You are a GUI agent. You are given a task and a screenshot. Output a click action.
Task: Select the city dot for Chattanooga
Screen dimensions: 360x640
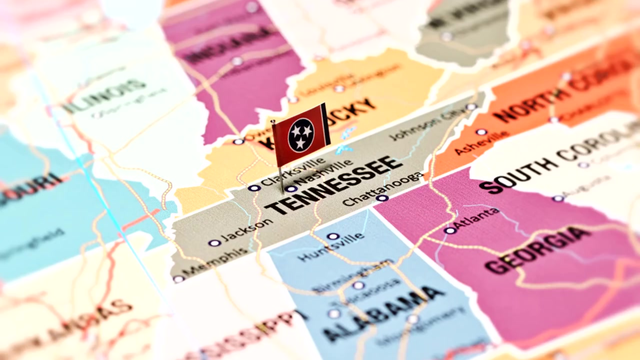(382, 198)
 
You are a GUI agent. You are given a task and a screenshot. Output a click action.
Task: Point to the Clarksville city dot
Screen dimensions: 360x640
(254, 188)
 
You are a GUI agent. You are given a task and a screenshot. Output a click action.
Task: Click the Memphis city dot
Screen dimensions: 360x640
(178, 279)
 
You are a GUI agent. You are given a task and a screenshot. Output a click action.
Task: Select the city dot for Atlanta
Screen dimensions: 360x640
(450, 230)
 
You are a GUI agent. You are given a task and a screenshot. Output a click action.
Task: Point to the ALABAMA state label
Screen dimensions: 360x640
(383, 313)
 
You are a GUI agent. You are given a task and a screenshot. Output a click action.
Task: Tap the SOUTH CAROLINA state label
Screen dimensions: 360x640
(560, 157)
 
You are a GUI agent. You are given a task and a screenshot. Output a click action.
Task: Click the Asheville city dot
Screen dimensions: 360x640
(481, 132)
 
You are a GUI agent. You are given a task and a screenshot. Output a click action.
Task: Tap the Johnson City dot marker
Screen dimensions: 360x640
(471, 107)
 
